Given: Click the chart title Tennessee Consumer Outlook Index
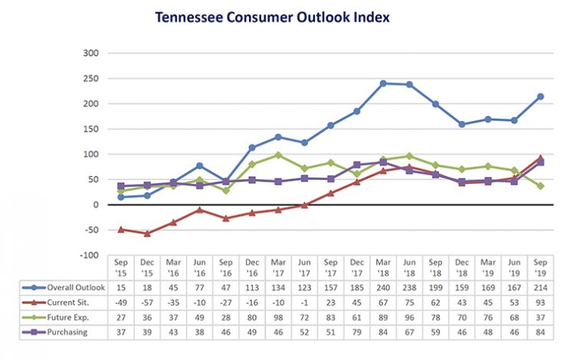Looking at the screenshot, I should click(282, 16).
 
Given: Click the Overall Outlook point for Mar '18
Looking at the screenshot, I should click(383, 83).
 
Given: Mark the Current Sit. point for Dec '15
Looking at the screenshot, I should click(148, 234).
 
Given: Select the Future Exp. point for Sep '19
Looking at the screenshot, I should click(540, 186).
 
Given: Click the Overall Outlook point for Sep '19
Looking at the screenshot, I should click(540, 97).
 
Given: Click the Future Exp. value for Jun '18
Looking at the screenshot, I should click(409, 316).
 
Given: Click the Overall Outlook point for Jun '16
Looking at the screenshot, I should click(200, 165).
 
